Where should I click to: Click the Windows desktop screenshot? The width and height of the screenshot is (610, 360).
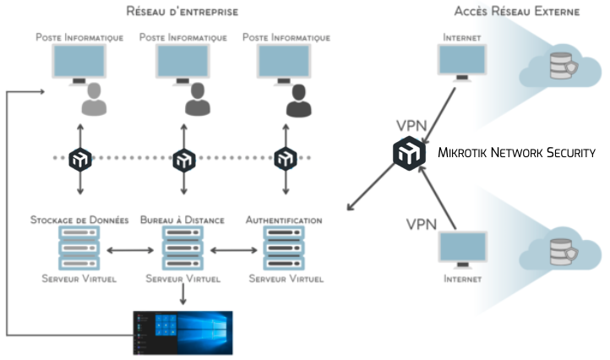182,331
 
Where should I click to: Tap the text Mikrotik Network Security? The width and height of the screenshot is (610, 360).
517,153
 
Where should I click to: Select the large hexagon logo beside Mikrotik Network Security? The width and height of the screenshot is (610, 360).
409,154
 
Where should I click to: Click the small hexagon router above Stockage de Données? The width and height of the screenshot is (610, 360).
80,158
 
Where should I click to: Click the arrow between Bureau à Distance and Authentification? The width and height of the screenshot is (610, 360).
233,249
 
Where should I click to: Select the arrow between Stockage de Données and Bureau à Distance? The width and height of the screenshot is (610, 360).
132,249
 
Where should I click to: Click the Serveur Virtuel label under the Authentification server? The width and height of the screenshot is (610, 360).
284,278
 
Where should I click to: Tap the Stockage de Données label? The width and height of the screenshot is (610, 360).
79,220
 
